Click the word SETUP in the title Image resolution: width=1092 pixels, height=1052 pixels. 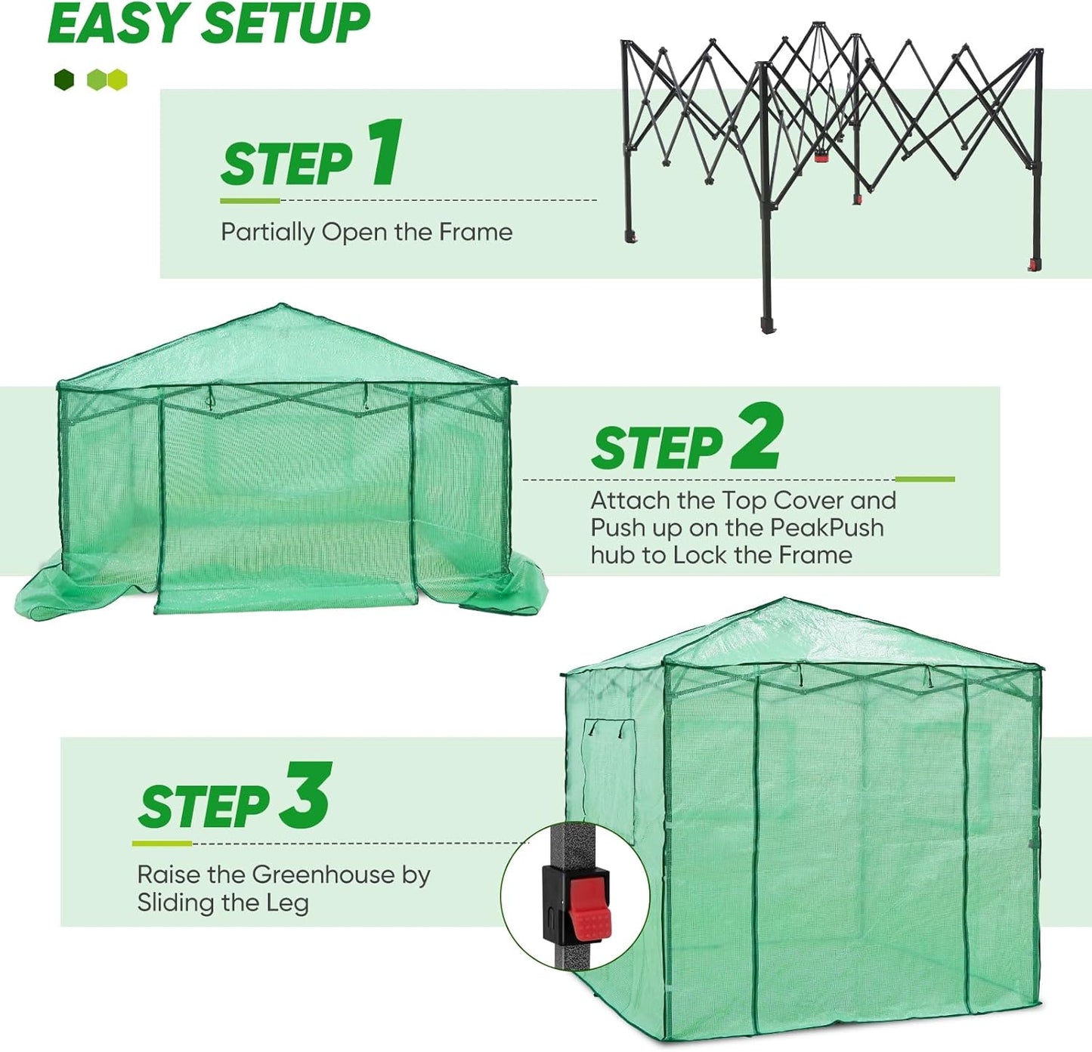tap(286, 24)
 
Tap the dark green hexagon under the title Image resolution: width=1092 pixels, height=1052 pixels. tap(64, 79)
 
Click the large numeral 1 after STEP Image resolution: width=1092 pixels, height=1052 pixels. tap(385, 153)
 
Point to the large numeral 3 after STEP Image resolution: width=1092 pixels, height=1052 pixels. tap(305, 796)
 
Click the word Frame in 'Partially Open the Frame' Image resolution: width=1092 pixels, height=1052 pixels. tap(475, 232)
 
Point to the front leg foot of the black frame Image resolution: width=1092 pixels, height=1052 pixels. tap(767, 324)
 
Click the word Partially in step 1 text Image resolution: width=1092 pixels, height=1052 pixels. tap(268, 232)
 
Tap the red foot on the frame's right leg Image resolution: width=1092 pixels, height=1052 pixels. tap(1033, 264)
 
